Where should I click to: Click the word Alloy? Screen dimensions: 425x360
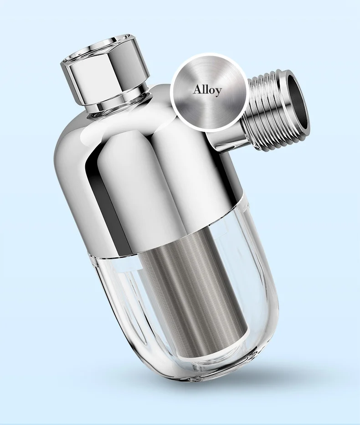(x=207, y=89)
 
